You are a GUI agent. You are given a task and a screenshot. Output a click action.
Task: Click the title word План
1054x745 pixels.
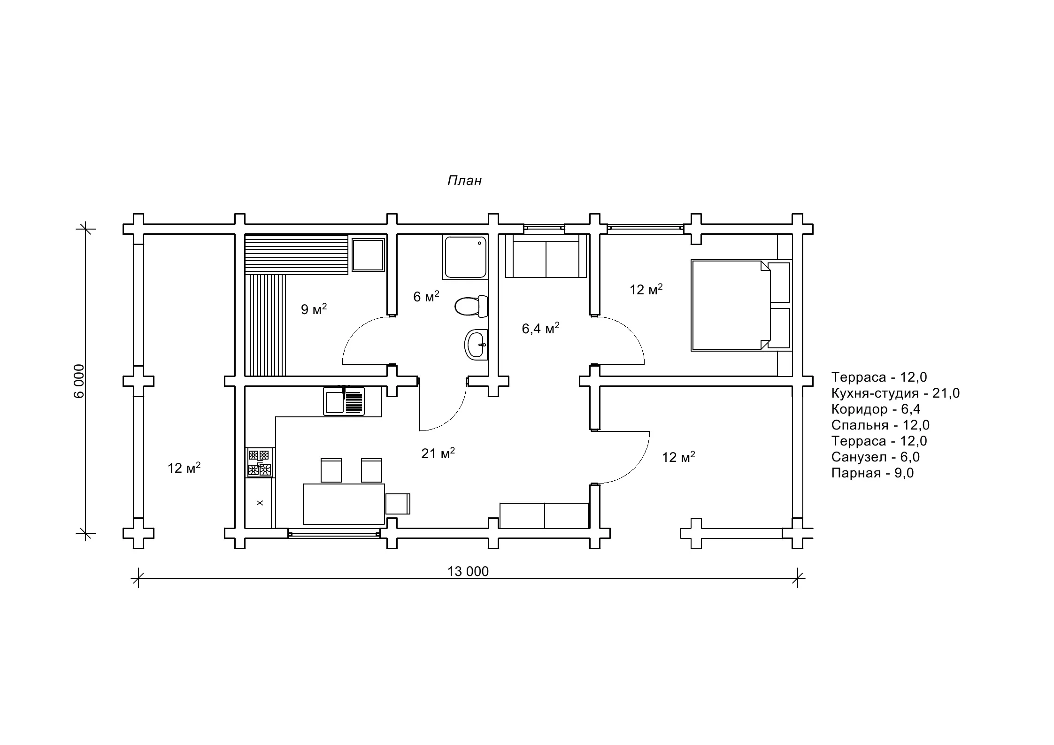point(464,181)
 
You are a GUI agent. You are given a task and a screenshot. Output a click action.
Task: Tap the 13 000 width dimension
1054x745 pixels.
point(468,571)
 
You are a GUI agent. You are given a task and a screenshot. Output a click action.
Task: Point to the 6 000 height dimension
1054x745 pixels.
point(79,381)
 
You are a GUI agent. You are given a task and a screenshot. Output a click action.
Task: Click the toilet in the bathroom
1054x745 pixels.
point(471,306)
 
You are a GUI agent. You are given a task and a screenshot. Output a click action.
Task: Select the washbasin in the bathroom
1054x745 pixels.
point(476,345)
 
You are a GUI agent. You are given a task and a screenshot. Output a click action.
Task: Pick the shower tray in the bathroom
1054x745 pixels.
point(464,257)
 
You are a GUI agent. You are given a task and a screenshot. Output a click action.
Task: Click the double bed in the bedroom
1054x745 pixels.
point(741,306)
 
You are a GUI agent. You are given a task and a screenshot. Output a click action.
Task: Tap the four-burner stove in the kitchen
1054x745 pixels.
point(260,463)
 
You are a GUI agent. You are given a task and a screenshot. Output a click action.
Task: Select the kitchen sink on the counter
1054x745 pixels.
point(344,401)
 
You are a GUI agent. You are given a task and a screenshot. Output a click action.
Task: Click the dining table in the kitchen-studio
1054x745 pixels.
point(344,504)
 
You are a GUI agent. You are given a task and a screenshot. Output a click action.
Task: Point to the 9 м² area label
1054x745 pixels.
point(314,309)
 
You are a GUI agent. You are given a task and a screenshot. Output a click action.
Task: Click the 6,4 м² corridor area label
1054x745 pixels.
point(540,328)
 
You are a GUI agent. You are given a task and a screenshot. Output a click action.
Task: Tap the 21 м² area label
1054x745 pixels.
point(438,453)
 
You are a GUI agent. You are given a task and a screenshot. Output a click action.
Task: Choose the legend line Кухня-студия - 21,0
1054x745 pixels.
point(895,393)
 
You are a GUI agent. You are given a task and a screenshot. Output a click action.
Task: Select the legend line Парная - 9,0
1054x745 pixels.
point(872,473)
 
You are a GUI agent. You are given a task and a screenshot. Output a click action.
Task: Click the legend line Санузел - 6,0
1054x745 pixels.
point(875,457)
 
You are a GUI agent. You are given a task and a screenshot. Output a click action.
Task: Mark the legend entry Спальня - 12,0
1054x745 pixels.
point(880,425)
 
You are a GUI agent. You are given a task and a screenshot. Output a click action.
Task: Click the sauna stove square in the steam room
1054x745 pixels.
point(368,254)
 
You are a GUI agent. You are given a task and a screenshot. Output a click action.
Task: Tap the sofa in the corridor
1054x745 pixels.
point(546,256)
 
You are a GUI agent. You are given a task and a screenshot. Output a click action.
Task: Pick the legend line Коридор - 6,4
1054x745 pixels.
point(876,409)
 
